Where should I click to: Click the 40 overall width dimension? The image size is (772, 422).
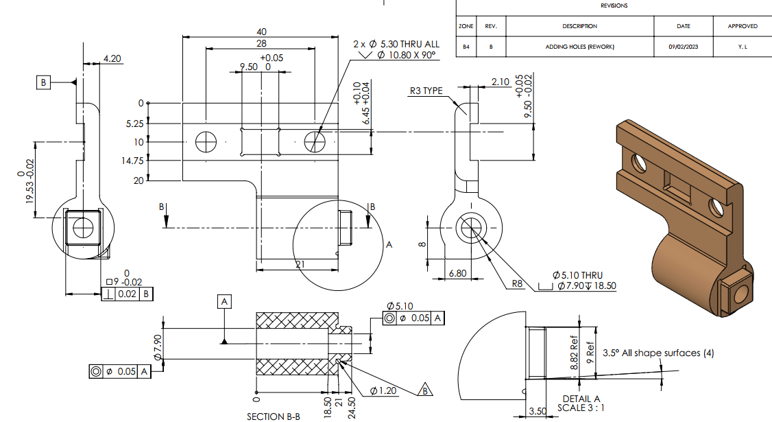[x=261, y=32]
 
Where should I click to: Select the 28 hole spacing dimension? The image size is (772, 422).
[x=261, y=43]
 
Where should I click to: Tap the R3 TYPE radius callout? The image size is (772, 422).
[x=426, y=91]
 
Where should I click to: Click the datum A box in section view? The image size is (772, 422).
[x=224, y=302]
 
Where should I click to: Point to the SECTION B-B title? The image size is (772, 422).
[x=274, y=417]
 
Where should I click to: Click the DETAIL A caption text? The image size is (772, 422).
[x=581, y=399]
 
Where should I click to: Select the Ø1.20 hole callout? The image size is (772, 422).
[x=383, y=391]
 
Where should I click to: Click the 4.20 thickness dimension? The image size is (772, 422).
[x=112, y=58]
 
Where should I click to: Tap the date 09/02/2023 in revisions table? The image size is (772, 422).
[x=684, y=47]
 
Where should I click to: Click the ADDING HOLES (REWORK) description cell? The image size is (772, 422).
[x=579, y=47]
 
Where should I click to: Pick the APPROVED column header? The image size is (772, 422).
[x=743, y=26]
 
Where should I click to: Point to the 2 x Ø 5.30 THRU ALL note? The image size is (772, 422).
[x=396, y=44]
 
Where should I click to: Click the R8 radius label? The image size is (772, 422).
[x=517, y=283]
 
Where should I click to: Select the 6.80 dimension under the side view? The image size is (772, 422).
[x=457, y=273]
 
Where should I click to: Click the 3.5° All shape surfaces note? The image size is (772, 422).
[x=658, y=353]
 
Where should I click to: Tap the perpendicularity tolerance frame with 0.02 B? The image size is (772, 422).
[x=127, y=294]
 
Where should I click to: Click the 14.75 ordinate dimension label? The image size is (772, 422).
[x=132, y=161]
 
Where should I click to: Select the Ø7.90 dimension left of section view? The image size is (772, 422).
[x=158, y=347]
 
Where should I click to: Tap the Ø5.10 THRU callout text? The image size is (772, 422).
[x=577, y=275]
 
